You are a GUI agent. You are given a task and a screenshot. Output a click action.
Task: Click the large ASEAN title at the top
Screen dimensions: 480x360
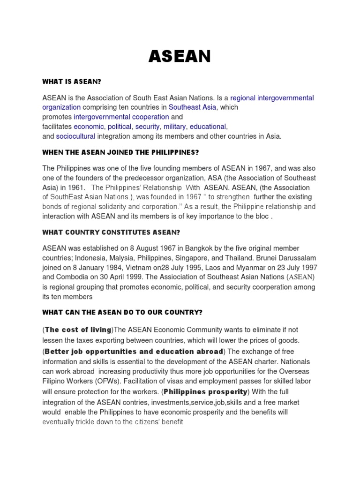tap(180, 56)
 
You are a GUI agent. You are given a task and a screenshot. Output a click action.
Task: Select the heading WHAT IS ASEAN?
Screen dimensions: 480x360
tap(72, 82)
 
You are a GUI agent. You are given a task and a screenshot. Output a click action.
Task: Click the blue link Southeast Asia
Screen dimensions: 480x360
tap(193, 107)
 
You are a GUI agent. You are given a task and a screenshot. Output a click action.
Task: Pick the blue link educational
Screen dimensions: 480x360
tap(208, 127)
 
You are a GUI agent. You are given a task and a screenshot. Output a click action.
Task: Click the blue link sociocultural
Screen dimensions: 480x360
tap(75, 136)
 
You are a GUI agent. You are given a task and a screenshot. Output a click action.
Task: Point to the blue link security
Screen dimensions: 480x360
tap(148, 127)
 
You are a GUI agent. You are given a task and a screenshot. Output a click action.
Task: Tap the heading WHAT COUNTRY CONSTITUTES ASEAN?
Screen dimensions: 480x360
tap(112, 232)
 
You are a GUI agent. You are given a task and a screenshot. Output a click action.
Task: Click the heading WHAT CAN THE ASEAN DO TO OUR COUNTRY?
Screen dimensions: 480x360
tap(123, 312)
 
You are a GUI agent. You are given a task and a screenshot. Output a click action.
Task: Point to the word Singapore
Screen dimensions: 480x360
tap(210, 258)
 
